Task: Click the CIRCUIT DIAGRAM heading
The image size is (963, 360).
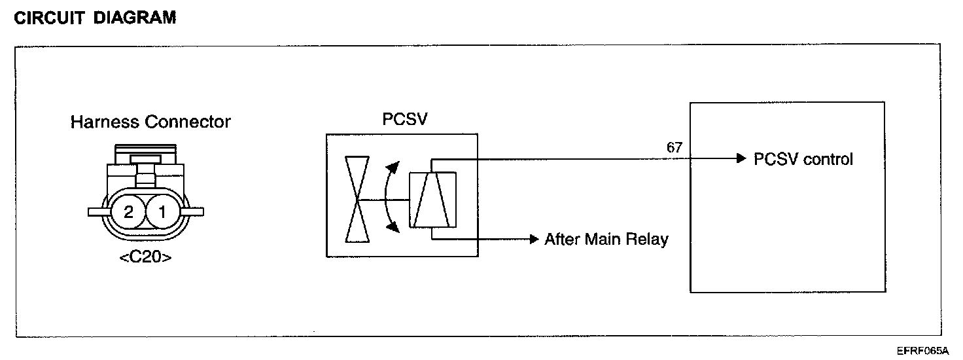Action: click(95, 18)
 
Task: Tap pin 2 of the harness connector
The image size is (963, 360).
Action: click(128, 212)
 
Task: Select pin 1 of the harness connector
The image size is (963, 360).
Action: click(162, 212)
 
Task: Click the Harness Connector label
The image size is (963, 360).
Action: click(150, 122)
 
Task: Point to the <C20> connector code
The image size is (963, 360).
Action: click(146, 257)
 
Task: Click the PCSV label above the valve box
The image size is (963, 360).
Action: click(402, 120)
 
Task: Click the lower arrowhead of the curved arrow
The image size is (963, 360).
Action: click(393, 226)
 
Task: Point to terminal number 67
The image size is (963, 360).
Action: click(674, 148)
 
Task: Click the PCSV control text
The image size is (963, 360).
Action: click(803, 159)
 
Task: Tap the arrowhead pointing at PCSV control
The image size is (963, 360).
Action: click(741, 158)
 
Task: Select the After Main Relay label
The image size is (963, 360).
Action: click(606, 240)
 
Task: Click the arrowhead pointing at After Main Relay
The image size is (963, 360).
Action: click(533, 239)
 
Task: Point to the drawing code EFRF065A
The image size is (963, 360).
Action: click(922, 351)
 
